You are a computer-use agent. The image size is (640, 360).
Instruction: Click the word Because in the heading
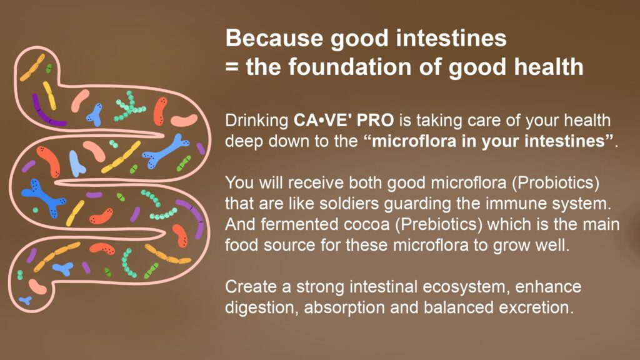[274, 38]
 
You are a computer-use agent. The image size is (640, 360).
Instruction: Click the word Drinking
[257, 121]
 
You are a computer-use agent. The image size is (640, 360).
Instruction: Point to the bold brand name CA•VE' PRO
[344, 120]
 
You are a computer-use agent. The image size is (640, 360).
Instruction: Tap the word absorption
[344, 307]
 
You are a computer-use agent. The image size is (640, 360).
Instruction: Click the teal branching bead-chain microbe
[130, 107]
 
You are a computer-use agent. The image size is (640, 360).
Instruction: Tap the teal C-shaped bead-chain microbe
[128, 263]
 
